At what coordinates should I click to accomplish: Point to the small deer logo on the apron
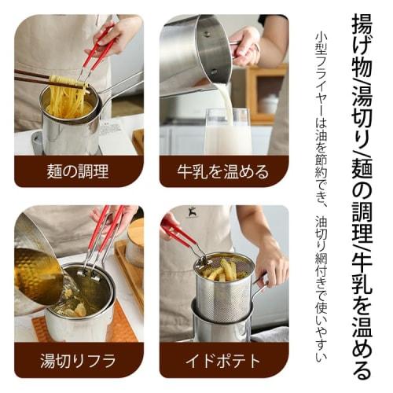pyautogui.click(x=191, y=214)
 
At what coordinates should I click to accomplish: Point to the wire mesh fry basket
pyautogui.click(x=224, y=291)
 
